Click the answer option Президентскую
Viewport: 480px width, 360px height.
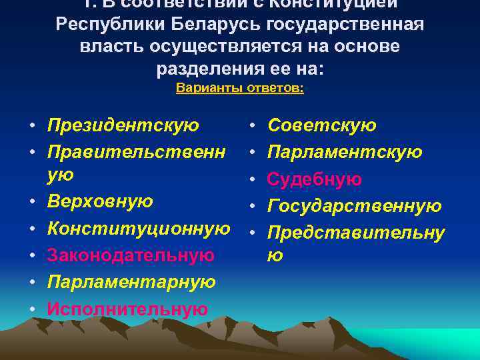[x=123, y=125]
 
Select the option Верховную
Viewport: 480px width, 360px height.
[x=100, y=201]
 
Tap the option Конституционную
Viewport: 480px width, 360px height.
[x=139, y=229]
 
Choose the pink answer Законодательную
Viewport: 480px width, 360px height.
[x=131, y=255]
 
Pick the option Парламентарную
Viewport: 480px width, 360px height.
[x=131, y=283]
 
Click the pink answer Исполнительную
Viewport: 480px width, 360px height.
[x=127, y=309]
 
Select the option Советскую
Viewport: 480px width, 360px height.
[x=322, y=125]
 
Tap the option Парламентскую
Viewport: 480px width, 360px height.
[x=345, y=153]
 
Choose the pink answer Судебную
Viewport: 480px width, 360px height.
[x=315, y=180]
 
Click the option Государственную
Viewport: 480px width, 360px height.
[x=354, y=207]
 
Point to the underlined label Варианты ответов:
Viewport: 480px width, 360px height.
[x=240, y=89]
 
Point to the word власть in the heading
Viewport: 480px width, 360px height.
[x=106, y=47]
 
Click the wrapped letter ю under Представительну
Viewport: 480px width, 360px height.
[x=275, y=255]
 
